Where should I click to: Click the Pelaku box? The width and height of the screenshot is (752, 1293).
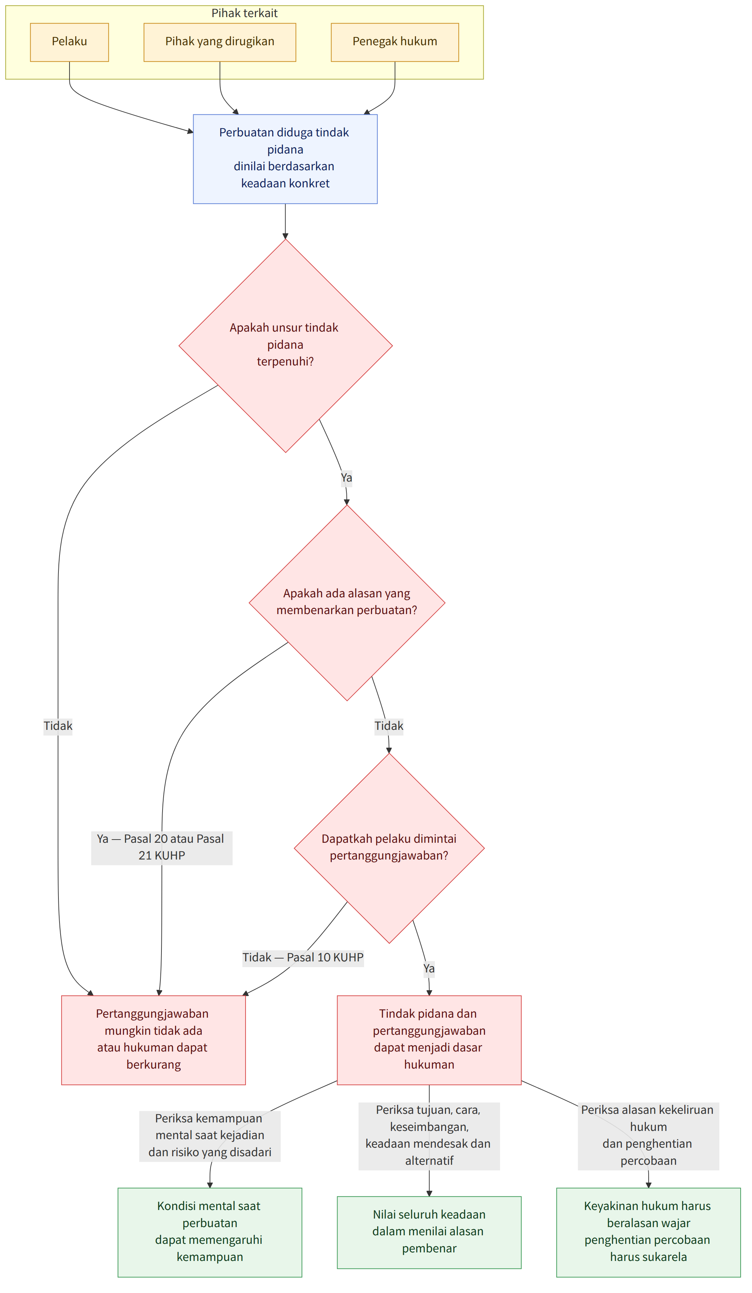69,42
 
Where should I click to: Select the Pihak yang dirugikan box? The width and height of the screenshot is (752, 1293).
220,42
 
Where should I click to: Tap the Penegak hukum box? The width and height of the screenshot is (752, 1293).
395,42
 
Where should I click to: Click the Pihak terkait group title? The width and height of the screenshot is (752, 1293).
244,13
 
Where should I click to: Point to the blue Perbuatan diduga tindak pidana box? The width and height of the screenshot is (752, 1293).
285,159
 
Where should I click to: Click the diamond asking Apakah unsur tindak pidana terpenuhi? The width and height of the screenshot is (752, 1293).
285,346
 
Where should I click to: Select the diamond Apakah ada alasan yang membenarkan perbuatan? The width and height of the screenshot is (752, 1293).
347,603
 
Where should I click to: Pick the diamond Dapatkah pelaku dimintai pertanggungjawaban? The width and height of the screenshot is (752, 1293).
389,848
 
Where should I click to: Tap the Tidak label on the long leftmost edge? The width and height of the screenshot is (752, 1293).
58,726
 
